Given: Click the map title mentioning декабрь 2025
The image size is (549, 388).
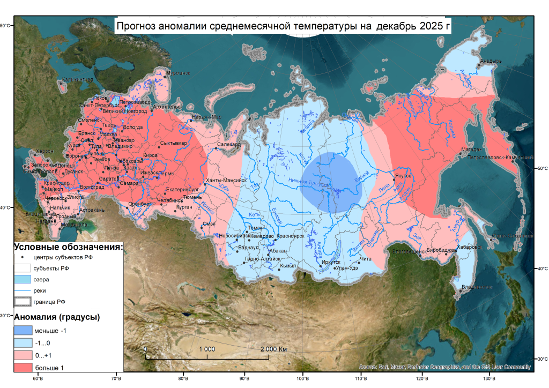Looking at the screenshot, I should pyautogui.click(x=283, y=25).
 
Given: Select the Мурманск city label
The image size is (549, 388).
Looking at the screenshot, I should pyautogui.click(x=178, y=72).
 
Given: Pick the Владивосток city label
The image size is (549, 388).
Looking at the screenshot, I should pyautogui.click(x=477, y=287).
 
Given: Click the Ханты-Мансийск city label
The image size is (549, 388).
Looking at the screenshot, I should pyautogui.click(x=226, y=181).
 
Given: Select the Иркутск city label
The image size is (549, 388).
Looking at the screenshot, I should pyautogui.click(x=331, y=262).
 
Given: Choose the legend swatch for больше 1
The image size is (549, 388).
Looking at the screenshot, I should pyautogui.click(x=23, y=368).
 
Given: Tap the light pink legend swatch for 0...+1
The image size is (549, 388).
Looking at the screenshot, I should pyautogui.click(x=23, y=355).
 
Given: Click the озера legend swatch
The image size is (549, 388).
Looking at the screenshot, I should pyautogui.click(x=23, y=279).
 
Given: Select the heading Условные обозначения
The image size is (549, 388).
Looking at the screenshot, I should pyautogui.click(x=68, y=247).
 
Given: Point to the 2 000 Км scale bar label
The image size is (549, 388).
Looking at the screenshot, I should pyautogui.click(x=273, y=349).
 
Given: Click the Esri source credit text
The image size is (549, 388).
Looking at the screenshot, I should pyautogui.click(x=444, y=367).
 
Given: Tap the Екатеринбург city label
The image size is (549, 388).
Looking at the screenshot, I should pyautogui.click(x=182, y=189).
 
